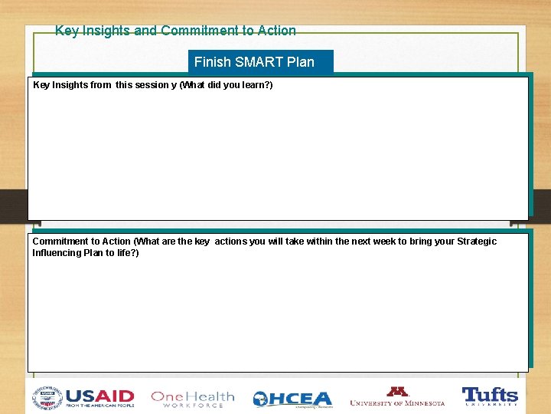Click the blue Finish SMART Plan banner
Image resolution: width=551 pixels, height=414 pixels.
[x=260, y=62]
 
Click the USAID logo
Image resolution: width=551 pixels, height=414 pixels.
[x=99, y=397]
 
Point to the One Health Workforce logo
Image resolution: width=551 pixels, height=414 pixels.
[x=192, y=399]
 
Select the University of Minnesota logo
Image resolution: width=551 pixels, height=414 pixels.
[x=397, y=397]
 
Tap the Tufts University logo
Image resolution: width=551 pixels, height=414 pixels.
[x=490, y=396]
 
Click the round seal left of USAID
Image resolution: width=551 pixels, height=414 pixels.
[x=47, y=397]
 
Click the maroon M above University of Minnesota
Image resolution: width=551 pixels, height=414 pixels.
[x=397, y=391]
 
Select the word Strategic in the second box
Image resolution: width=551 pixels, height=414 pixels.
[x=477, y=242]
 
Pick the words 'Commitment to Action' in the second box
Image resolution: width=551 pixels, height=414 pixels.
[x=81, y=242]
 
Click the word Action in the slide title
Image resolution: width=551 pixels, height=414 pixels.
[x=276, y=31]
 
